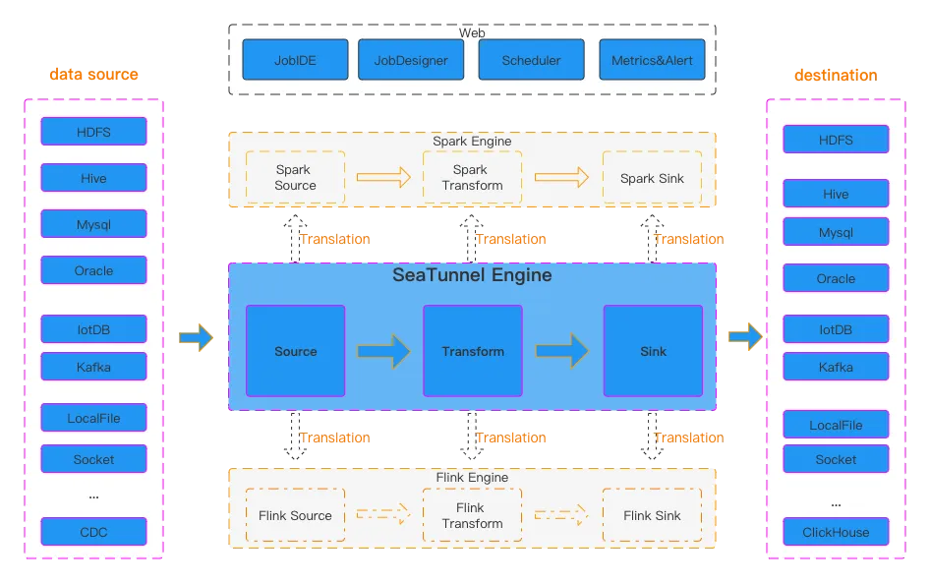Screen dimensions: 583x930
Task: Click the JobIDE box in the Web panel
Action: click(295, 60)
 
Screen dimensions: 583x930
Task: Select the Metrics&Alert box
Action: click(652, 60)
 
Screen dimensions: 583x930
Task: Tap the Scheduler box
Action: click(531, 60)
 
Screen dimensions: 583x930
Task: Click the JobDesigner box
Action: click(411, 60)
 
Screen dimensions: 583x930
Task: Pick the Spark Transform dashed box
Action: click(472, 178)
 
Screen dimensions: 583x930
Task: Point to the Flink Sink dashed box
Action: click(652, 515)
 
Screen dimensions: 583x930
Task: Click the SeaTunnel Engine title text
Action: click(472, 275)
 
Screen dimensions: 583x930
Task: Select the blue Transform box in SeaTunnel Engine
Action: click(472, 351)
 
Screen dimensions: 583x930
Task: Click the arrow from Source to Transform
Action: click(383, 351)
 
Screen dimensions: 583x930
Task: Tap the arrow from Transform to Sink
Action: click(562, 351)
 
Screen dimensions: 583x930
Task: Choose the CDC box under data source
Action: click(93, 532)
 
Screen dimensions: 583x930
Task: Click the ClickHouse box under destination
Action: click(836, 532)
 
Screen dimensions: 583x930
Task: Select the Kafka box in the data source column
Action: click(93, 367)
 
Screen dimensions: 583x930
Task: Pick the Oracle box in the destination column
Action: click(836, 278)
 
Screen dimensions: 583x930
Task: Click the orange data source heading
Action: click(93, 75)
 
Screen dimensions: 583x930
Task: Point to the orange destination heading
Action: click(836, 75)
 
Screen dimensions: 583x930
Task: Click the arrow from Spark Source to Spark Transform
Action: click(383, 178)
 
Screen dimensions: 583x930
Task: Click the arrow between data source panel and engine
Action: click(196, 337)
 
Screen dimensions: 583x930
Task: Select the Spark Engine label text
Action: click(472, 142)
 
